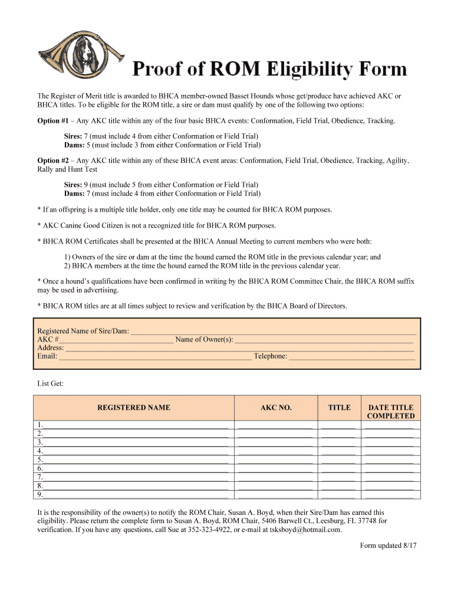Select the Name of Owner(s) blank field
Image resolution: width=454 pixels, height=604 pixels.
(x=324, y=340)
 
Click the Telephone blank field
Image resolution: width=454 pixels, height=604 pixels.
(x=352, y=356)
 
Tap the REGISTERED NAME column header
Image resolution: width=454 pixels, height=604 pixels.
(x=134, y=408)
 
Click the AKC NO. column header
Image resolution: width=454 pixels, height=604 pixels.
(x=276, y=408)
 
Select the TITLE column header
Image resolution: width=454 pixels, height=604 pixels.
(x=339, y=408)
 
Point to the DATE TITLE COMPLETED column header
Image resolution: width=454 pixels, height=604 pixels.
(x=390, y=412)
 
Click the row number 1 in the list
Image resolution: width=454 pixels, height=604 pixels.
(x=39, y=425)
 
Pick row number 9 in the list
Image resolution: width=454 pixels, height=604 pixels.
(x=39, y=495)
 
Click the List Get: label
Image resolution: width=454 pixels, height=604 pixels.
(x=50, y=384)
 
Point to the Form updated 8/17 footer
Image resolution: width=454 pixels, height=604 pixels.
(x=388, y=546)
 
